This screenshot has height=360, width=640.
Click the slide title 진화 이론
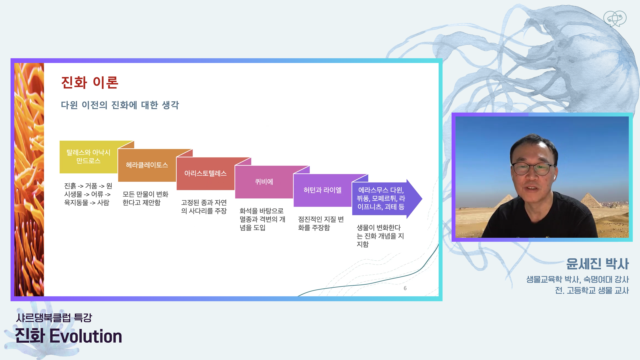pos(90,82)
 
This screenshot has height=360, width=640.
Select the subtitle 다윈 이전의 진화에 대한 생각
pos(120,105)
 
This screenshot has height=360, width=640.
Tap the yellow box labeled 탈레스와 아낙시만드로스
pos(89,157)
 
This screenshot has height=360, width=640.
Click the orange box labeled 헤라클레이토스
pos(147,165)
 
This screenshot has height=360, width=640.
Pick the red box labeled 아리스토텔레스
pos(205,173)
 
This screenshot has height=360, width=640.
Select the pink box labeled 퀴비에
pos(264,182)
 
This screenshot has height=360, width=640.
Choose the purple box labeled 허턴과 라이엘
pos(322,190)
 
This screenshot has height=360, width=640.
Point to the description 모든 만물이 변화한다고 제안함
pos(145,198)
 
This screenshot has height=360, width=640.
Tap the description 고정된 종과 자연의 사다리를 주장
pos(204,207)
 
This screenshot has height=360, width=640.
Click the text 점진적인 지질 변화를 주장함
pos(321,223)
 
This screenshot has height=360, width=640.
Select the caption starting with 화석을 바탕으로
pos(262,219)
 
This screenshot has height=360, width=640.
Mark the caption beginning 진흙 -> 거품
pos(88,194)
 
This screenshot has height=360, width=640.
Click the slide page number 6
pos(405,288)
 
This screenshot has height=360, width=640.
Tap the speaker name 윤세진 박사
pos(597,264)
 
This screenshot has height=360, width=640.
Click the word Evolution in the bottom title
pos(86,336)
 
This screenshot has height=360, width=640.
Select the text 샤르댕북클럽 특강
pos(54,318)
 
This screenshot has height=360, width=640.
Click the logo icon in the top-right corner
pos(615,19)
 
